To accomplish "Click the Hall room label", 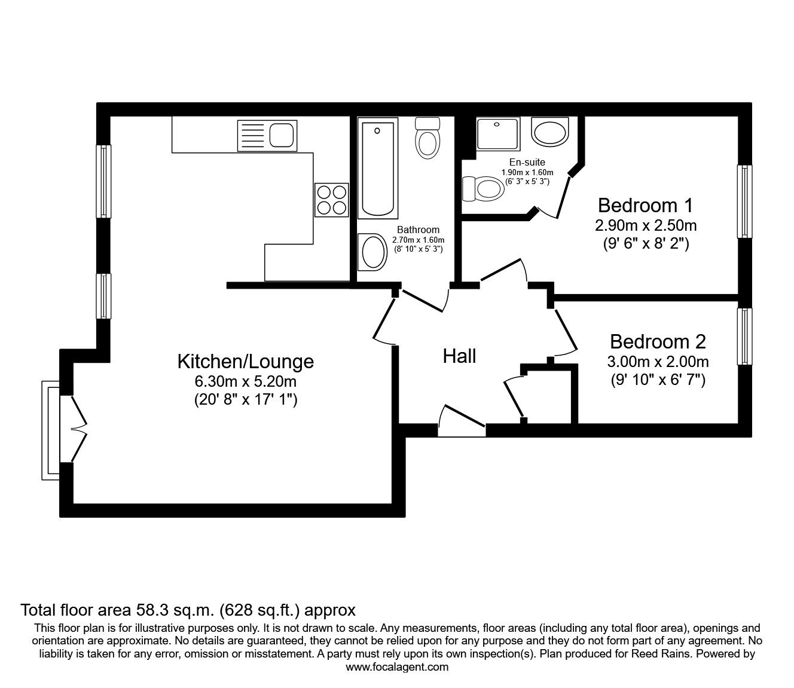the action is tap(459, 356).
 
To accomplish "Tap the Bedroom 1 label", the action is tap(645, 205).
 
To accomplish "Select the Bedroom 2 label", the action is tap(658, 341).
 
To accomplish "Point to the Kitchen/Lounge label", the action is tap(246, 362).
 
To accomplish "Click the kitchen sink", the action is tap(267, 136).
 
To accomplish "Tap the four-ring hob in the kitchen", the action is tap(331, 200).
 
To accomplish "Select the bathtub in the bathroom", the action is tap(378, 168).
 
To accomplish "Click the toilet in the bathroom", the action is tap(427, 138).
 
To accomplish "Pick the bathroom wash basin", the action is tap(372, 252).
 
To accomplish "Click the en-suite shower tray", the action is tap(498, 134).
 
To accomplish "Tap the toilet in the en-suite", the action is tap(483, 189).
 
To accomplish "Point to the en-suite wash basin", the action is tap(549, 132).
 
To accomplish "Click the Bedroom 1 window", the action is tap(744, 201).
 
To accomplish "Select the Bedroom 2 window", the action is tap(744, 336).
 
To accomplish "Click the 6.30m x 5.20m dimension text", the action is tap(246, 381).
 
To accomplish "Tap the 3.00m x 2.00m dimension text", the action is tap(658, 362).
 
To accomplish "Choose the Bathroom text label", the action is tap(418, 230).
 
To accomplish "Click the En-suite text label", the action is tap(527, 162).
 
